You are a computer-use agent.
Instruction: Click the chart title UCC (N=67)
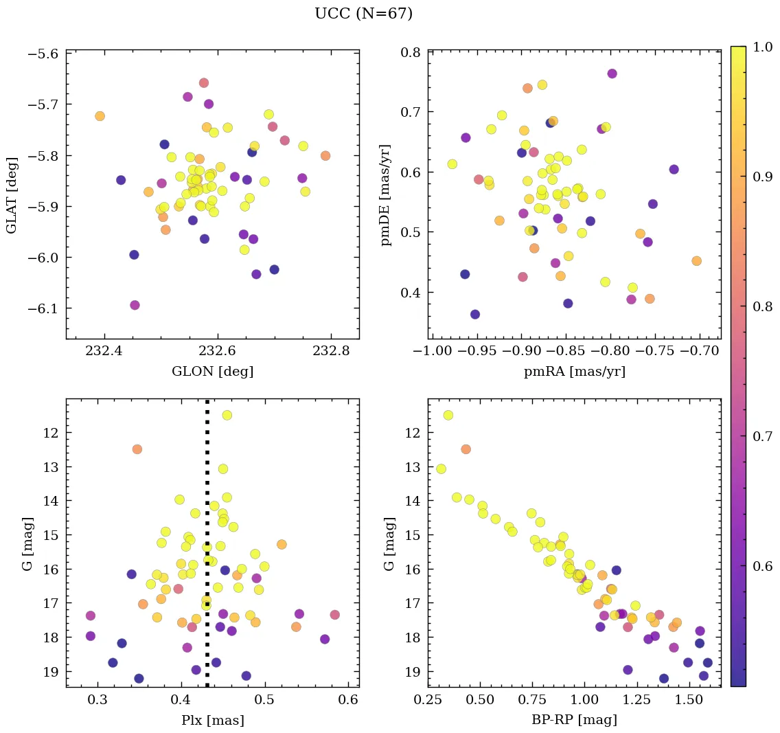pyautogui.click(x=363, y=14)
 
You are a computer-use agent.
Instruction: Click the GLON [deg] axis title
pyautogui.click(x=212, y=372)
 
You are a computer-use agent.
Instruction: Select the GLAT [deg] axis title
pyautogui.click(x=12, y=194)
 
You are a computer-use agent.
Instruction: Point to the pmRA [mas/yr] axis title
pyautogui.click(x=575, y=372)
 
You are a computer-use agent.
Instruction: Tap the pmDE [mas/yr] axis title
pyautogui.click(x=387, y=194)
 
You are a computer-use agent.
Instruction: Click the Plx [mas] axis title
pyautogui.click(x=212, y=720)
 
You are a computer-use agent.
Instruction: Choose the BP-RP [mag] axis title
pyautogui.click(x=575, y=720)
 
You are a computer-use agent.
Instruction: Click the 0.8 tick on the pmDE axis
pyautogui.click(x=411, y=52)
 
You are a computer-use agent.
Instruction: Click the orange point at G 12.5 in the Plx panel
pyautogui.click(x=137, y=449)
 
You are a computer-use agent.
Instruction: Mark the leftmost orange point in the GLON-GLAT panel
pyautogui.click(x=100, y=116)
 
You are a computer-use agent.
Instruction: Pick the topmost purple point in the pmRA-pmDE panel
pyautogui.click(x=612, y=74)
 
